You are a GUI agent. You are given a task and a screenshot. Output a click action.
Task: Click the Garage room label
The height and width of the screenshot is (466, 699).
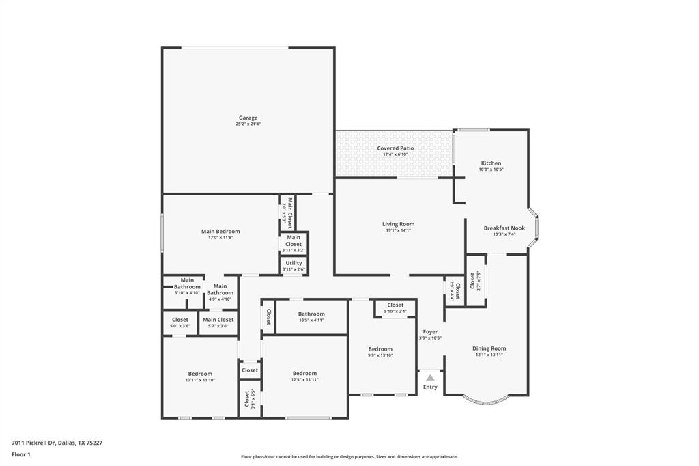pos(248,118)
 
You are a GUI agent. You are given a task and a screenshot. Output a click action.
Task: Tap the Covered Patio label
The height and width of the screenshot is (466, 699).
pos(395,148)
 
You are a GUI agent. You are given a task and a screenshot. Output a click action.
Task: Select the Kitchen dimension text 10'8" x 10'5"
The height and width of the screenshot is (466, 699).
pos(491,169)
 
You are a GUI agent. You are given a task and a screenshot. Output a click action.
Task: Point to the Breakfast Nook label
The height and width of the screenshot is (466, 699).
pos(504,228)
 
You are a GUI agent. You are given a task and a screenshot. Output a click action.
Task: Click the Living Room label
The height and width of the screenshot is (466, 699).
pos(398,224)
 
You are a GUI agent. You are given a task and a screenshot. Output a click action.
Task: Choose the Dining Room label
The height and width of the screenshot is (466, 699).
pos(489,348)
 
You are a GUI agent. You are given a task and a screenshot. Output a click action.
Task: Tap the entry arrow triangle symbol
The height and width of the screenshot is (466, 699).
pos(430,377)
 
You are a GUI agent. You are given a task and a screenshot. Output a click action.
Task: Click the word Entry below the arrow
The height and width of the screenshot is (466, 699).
pos(430,387)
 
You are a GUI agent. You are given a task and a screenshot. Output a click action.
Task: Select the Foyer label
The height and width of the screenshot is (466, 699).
pos(430,332)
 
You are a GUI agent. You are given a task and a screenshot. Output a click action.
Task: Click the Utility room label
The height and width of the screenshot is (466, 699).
pos(294,263)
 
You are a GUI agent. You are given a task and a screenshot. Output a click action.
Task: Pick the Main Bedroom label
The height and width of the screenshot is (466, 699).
pos(220,232)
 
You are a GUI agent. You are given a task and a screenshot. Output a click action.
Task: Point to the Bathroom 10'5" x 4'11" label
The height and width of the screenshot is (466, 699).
pos(311,314)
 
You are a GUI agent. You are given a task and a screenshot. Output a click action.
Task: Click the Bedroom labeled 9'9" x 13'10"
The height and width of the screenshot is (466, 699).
pos(380,349)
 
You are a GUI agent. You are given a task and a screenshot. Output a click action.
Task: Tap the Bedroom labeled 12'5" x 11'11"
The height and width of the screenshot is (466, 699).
pos(304,374)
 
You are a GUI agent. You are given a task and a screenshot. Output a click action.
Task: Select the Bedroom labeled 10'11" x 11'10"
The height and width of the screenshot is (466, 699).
pos(200,374)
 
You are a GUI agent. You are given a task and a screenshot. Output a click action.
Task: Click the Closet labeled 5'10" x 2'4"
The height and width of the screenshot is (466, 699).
pos(395,305)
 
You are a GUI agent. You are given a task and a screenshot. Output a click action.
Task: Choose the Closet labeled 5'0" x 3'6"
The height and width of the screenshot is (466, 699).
pos(180,320)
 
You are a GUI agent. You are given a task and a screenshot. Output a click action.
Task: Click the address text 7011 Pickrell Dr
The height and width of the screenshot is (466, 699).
pos(33,443)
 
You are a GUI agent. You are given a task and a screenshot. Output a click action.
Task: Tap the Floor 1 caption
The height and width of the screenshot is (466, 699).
pos(21,454)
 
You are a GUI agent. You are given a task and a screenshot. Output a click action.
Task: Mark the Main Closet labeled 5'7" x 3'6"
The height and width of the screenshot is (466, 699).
pos(218,320)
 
